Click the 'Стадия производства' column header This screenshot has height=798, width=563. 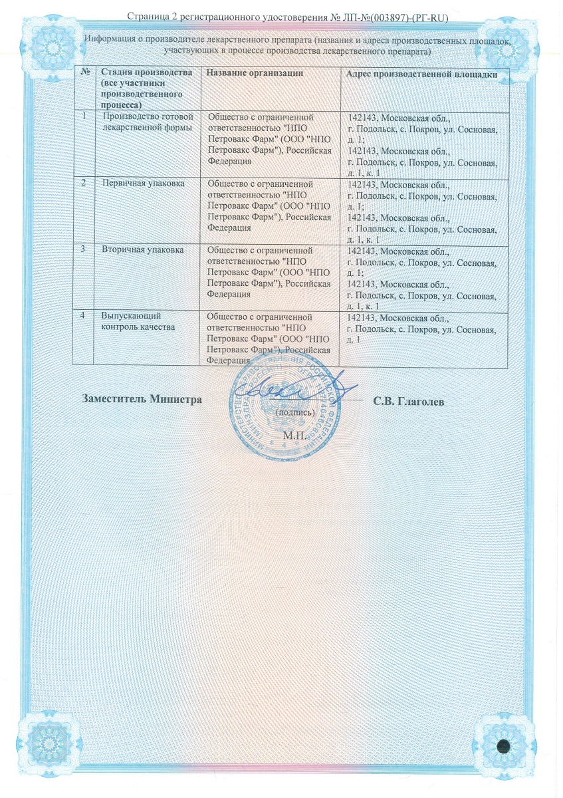[x=147, y=87]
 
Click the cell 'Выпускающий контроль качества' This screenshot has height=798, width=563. [x=138, y=321]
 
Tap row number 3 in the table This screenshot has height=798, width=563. [x=84, y=249]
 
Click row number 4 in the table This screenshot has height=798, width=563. [x=84, y=315]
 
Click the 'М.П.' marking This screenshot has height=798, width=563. [x=293, y=436]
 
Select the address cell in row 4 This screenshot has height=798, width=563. [x=422, y=329]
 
